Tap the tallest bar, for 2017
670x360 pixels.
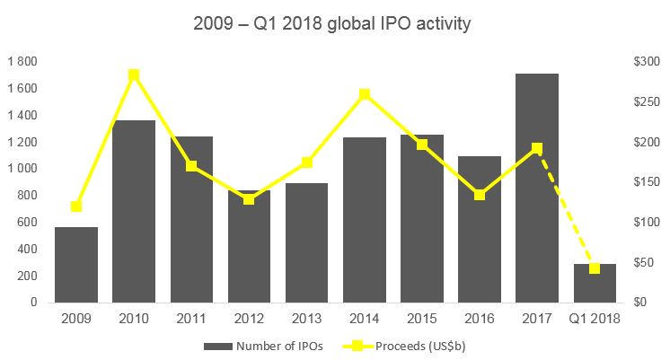[537, 188]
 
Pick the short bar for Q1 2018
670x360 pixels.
[595, 283]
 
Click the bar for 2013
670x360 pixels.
[306, 242]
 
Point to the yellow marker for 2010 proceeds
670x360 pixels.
[134, 75]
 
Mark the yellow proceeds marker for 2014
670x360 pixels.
[364, 94]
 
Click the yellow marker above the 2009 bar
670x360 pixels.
[76, 206]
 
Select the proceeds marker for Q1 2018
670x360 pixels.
[595, 268]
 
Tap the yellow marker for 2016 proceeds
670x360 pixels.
[480, 195]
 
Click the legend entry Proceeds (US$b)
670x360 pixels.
[413, 345]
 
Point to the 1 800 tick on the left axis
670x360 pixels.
[22, 62]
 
